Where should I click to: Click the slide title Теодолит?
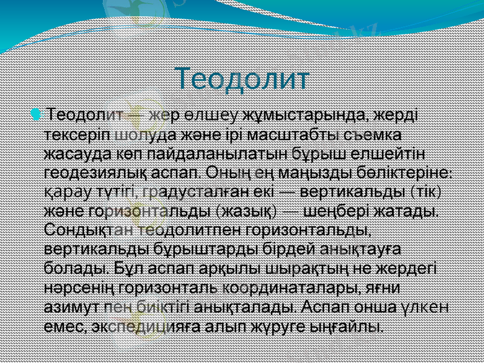(242, 78)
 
